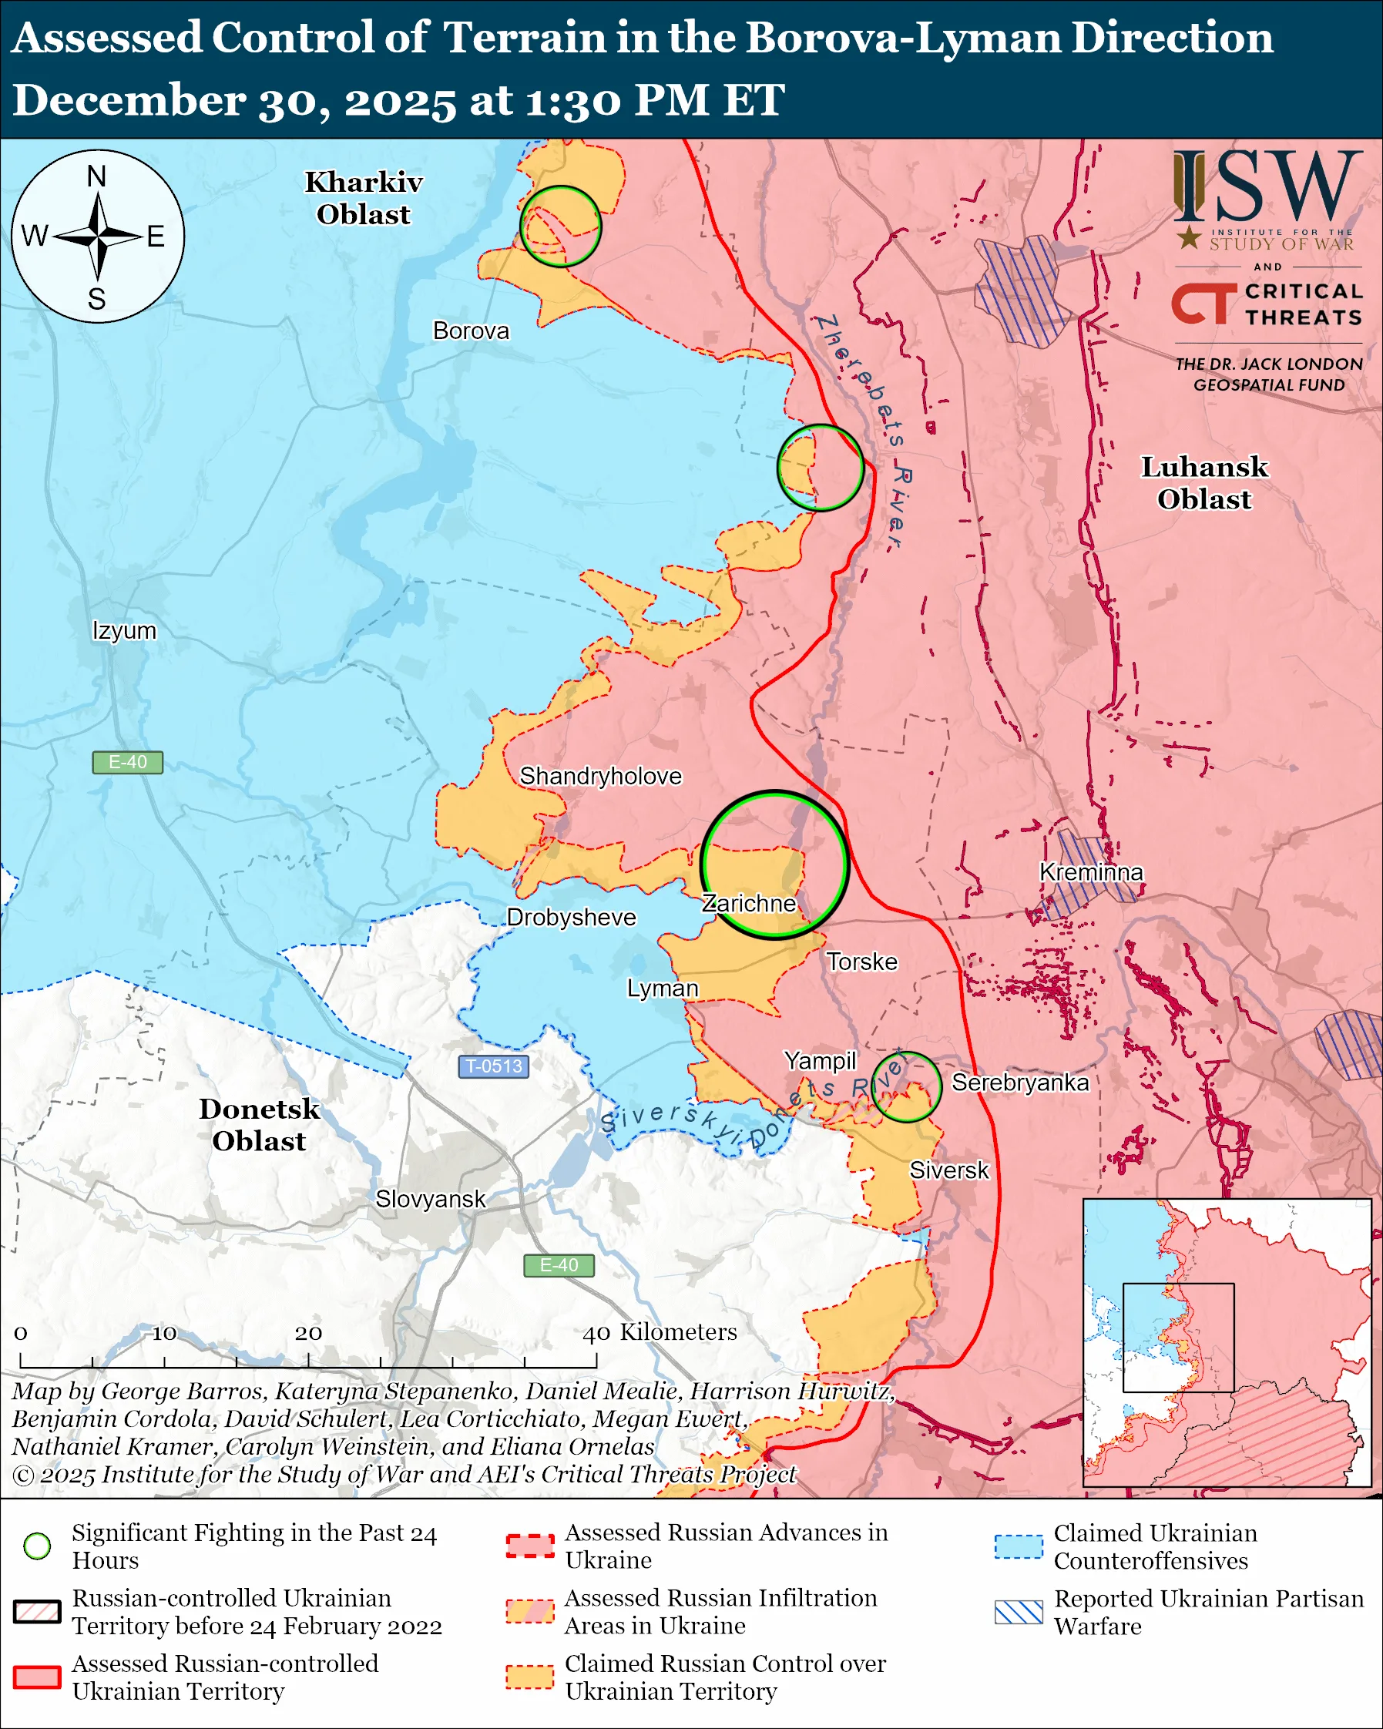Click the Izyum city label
click(124, 630)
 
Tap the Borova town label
click(471, 331)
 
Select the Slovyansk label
click(431, 1199)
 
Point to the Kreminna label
click(1090, 871)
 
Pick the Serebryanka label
click(1020, 1083)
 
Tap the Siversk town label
click(949, 1170)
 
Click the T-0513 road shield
click(494, 1066)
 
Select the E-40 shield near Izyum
click(127, 762)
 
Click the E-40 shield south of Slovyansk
click(559, 1265)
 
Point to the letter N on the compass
click(97, 176)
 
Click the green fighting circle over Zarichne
click(775, 864)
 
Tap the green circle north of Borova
click(560, 227)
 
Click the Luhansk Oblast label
click(1204, 483)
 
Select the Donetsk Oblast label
click(259, 1124)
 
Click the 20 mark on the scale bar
click(309, 1334)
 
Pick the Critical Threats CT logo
click(1204, 303)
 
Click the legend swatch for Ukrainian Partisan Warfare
click(1019, 1612)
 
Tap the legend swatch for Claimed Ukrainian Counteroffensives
click(1019, 1546)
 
